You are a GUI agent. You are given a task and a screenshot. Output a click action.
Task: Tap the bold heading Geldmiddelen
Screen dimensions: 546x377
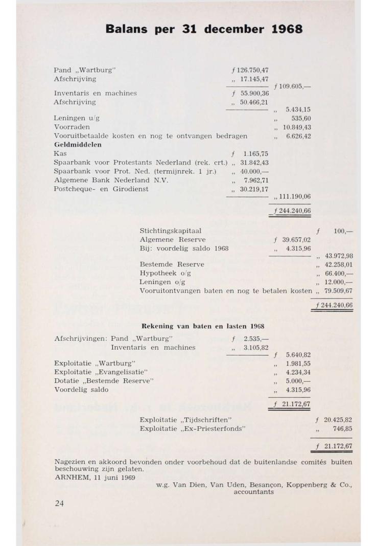[78, 145]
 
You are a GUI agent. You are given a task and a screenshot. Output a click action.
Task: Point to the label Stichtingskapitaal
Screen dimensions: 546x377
[170, 231]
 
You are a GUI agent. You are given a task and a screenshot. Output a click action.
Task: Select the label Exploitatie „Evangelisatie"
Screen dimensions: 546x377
[101, 372]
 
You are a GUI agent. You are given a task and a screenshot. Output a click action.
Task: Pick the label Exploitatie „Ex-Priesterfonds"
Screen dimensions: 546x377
[193, 428]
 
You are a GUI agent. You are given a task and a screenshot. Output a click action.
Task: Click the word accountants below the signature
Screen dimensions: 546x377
[253, 492]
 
